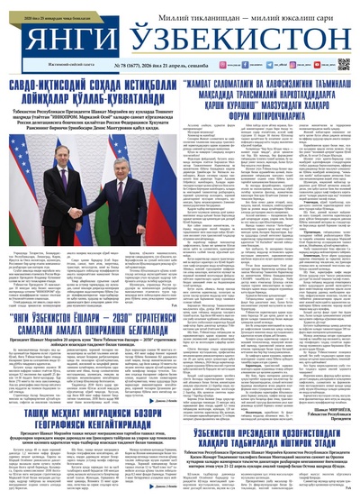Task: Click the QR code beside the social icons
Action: pyautogui.click(x=343, y=64)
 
